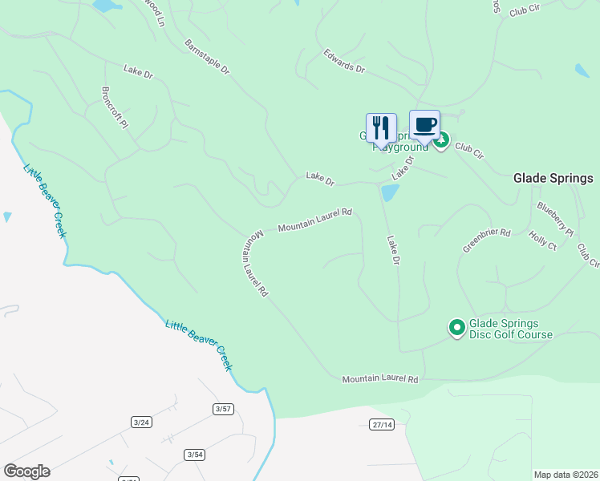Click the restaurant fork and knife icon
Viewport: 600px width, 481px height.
[x=381, y=127]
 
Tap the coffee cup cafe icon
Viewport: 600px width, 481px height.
[x=424, y=125]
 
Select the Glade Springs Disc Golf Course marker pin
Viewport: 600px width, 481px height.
[x=456, y=327]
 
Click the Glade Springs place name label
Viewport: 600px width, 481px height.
[x=553, y=178]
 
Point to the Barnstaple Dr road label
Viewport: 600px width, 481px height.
[x=207, y=57]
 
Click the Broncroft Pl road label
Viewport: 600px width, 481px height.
[x=115, y=107]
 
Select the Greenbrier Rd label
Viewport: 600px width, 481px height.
[x=486, y=240]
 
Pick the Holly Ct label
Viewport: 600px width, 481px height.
[x=542, y=240]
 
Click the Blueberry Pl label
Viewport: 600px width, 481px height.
[x=555, y=219]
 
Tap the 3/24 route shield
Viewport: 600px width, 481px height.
[x=142, y=422]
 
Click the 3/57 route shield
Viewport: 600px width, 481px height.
[x=223, y=409]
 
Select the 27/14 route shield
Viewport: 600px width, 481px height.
[x=383, y=424]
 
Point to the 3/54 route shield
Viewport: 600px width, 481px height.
[x=194, y=455]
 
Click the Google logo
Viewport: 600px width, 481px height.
[x=26, y=471]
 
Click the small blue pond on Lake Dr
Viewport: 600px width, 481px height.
[x=389, y=192]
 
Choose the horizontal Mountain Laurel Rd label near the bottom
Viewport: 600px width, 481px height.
[x=380, y=378]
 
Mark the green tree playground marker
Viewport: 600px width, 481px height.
[x=440, y=142]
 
